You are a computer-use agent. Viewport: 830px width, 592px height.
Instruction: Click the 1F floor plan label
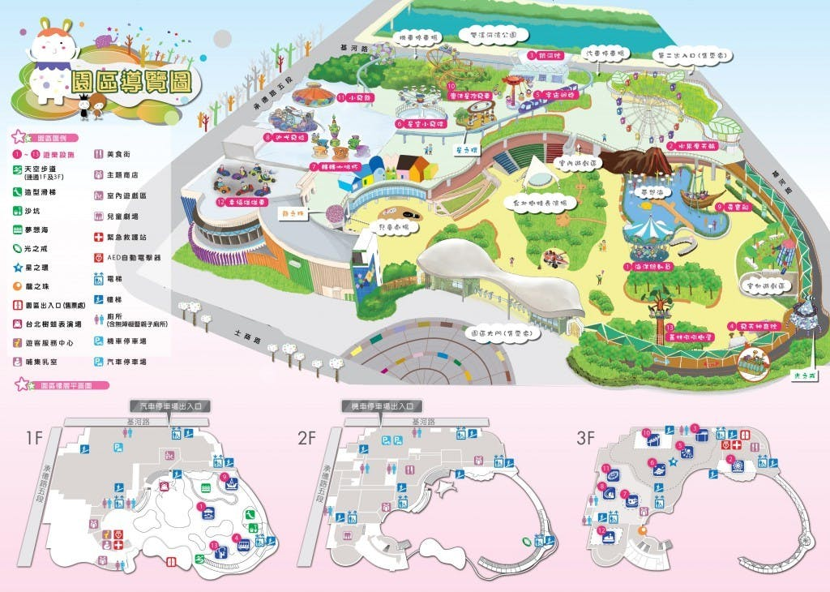coord(34,438)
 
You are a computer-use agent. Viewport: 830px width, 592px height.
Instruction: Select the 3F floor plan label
coord(587,439)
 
